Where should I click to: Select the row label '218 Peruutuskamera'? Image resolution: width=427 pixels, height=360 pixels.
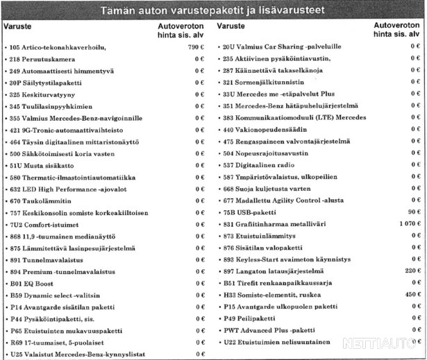click(x=40, y=59)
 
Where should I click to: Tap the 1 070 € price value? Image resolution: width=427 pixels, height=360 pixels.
click(x=408, y=224)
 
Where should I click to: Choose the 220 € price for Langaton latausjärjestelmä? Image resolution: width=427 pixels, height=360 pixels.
click(x=412, y=271)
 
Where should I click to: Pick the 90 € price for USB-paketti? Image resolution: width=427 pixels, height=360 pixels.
click(x=415, y=212)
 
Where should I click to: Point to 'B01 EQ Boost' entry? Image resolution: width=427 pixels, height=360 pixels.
click(x=32, y=284)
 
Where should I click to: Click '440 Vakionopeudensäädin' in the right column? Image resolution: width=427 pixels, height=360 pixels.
click(x=258, y=130)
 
